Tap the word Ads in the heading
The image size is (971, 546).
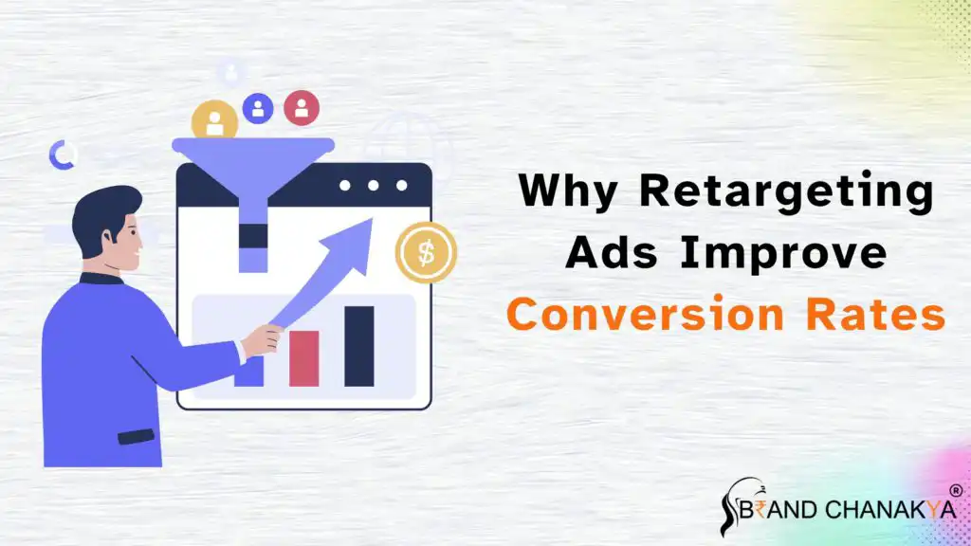612,252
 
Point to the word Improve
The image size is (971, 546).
783,254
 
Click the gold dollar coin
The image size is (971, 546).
426,252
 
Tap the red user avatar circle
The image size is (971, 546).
302,108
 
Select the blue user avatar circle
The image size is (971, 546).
258,108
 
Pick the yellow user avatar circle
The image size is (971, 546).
215,120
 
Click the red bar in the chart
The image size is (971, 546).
304,358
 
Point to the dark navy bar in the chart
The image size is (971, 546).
359,346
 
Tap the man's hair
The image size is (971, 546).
102,217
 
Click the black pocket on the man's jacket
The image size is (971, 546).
136,436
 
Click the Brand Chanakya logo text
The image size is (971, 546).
849,509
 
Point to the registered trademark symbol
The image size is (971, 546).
956,491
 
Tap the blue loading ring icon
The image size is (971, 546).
62,155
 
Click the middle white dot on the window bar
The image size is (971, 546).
373,185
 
